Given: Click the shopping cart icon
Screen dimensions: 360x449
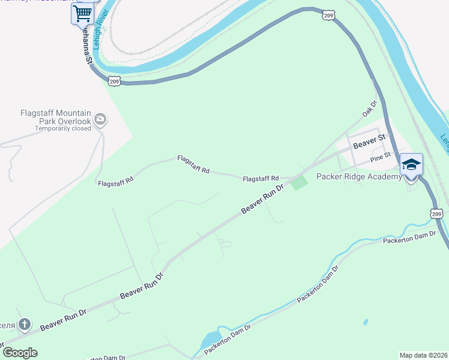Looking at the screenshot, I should pyautogui.click(x=82, y=14).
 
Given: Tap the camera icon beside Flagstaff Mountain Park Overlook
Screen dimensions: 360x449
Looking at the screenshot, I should pyautogui.click(x=100, y=119).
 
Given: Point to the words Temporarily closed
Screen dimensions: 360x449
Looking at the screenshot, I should pyautogui.click(x=63, y=128).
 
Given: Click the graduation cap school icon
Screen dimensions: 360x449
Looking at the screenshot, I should pyautogui.click(x=412, y=165).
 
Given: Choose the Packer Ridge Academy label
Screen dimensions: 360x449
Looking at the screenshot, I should pyautogui.click(x=359, y=176).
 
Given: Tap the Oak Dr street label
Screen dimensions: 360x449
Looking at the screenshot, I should pyautogui.click(x=369, y=109).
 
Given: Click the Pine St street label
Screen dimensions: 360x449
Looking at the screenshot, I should pyautogui.click(x=381, y=157).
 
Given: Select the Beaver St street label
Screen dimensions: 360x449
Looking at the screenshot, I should pyautogui.click(x=369, y=143).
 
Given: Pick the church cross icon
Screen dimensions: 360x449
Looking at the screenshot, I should pyautogui.click(x=25, y=325).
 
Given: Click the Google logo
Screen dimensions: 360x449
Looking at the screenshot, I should pyautogui.click(x=20, y=353).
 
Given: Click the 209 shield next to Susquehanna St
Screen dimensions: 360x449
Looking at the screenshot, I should pyautogui.click(x=115, y=80).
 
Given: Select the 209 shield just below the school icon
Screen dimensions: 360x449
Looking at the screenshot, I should pyautogui.click(x=436, y=213).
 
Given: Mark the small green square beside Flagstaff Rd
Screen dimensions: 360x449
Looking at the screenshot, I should pyautogui.click(x=299, y=183).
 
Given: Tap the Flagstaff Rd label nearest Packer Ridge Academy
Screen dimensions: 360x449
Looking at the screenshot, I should pyautogui.click(x=261, y=179).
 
